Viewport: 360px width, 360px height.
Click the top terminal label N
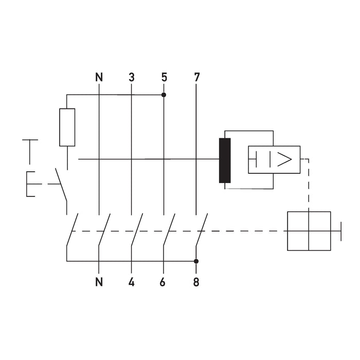tap(99, 78)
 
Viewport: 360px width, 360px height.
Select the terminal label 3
tap(132, 78)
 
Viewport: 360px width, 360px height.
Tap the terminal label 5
tap(164, 78)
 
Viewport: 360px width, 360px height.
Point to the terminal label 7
tap(196, 78)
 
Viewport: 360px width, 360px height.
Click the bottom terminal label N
tap(99, 282)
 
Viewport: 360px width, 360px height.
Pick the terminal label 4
tap(132, 282)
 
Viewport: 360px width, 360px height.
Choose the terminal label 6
tap(164, 282)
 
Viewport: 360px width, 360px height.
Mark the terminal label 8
tap(196, 282)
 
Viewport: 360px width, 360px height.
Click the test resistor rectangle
tap(67, 127)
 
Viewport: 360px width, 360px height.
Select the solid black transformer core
tap(225, 160)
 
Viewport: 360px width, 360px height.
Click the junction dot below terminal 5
tap(164, 95)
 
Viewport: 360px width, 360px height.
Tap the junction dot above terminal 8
tap(196, 261)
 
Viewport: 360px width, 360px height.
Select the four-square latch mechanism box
tap(309, 231)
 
